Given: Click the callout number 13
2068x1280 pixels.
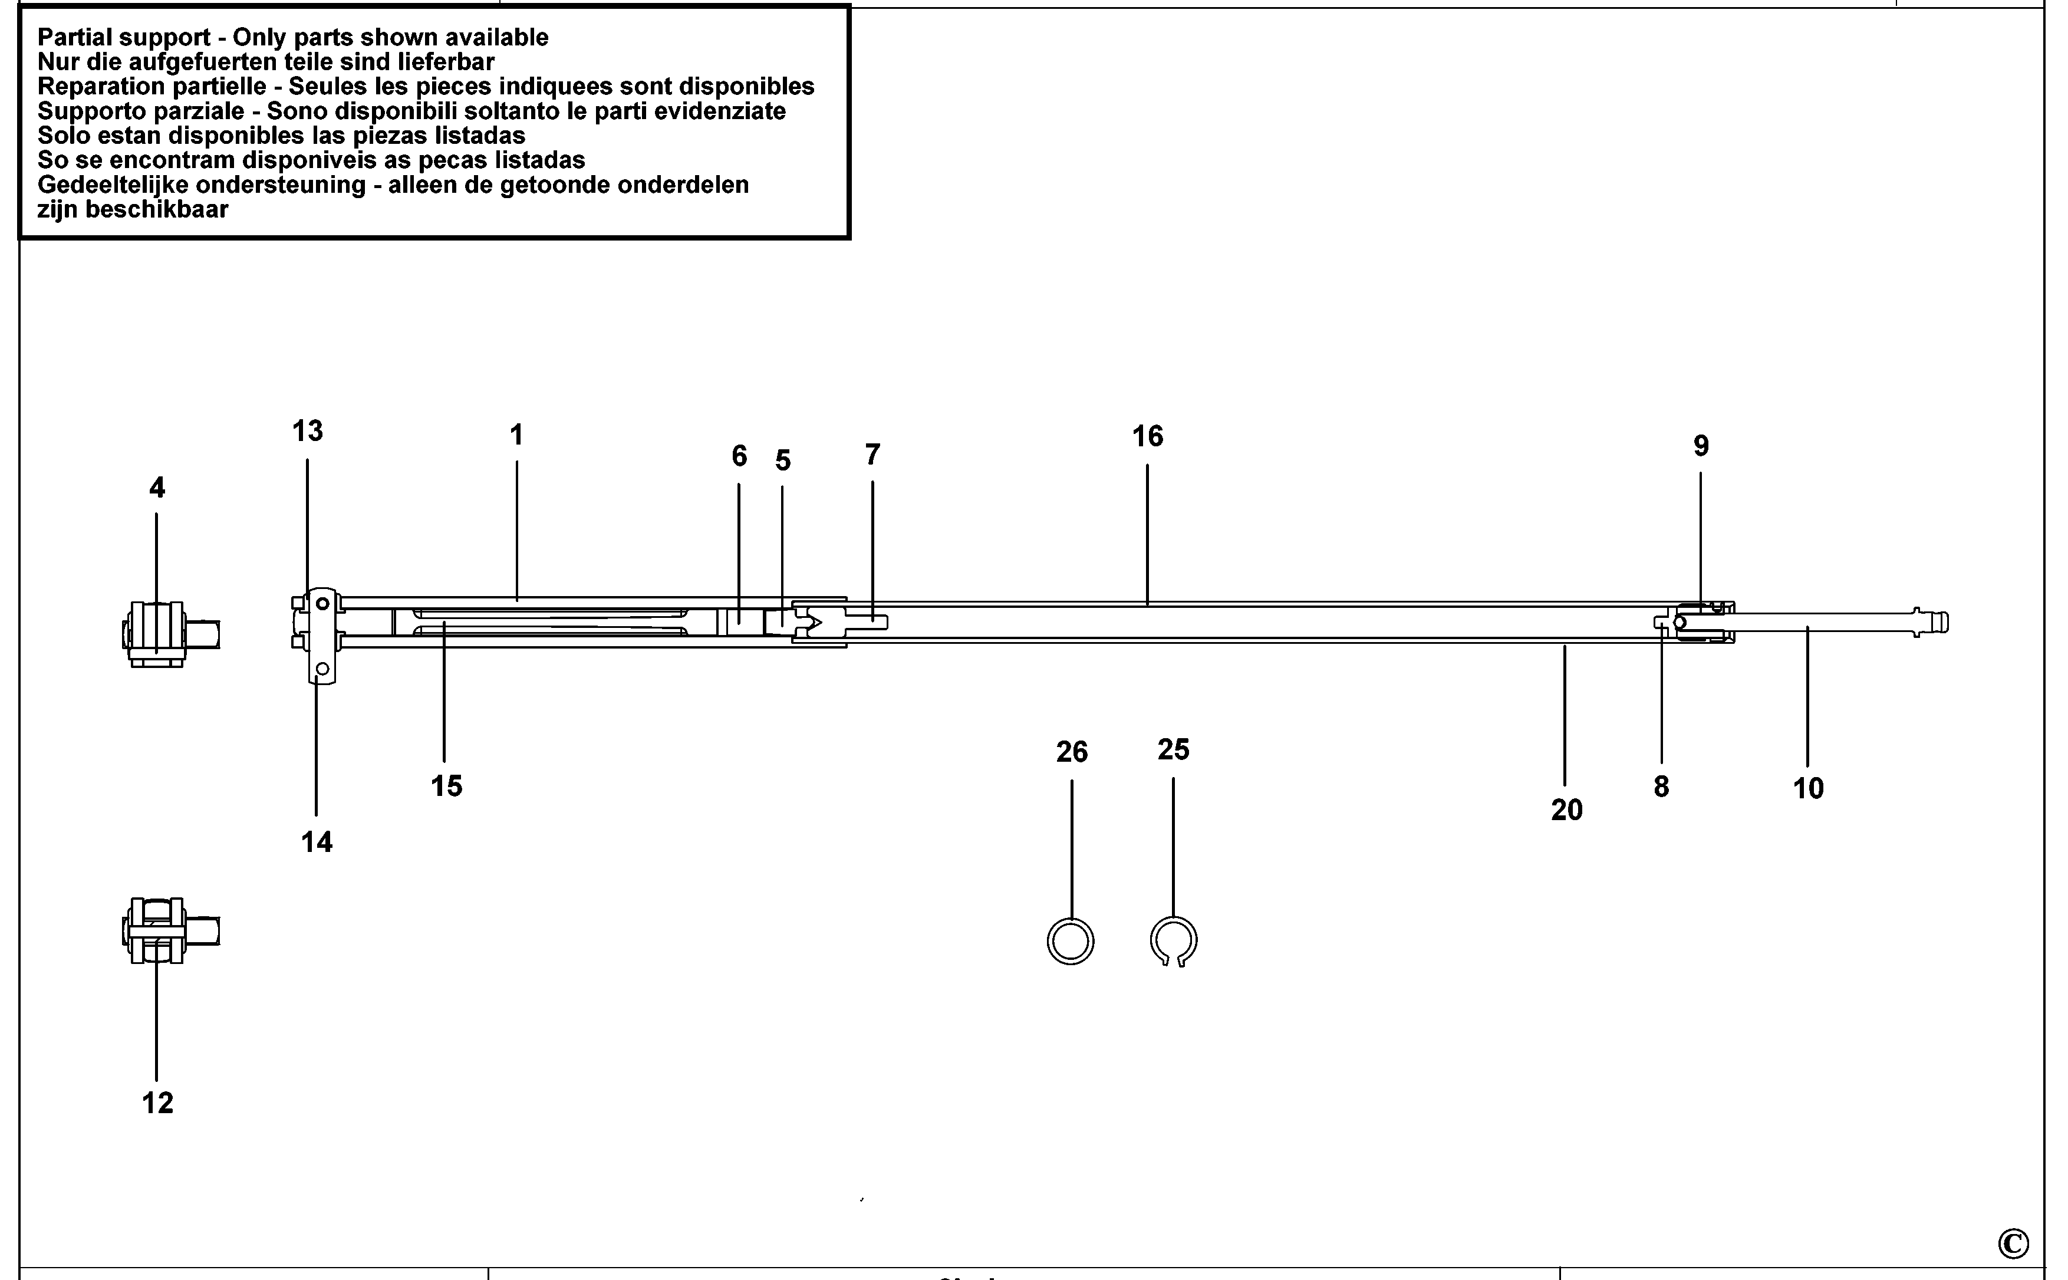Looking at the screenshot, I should [307, 432].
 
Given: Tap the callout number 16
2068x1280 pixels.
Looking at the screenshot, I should [1147, 437].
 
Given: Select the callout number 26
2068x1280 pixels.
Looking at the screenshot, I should [1072, 752].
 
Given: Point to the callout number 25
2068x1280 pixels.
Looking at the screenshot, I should [1173, 749].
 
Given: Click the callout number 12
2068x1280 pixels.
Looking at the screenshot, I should [157, 1103].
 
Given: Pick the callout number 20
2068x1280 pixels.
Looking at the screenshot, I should [1566, 810].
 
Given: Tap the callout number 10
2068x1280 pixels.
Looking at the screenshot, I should [1808, 789].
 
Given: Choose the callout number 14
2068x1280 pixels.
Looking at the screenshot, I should [317, 843].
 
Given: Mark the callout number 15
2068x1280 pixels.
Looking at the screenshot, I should [446, 787].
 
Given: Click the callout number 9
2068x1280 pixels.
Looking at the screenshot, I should [1701, 446].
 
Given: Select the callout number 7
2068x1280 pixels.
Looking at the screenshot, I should [872, 455].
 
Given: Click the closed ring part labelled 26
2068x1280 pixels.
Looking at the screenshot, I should [1071, 942].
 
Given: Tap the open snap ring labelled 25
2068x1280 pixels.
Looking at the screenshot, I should [1173, 940].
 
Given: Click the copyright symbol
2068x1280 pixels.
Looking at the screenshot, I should [2013, 1243].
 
